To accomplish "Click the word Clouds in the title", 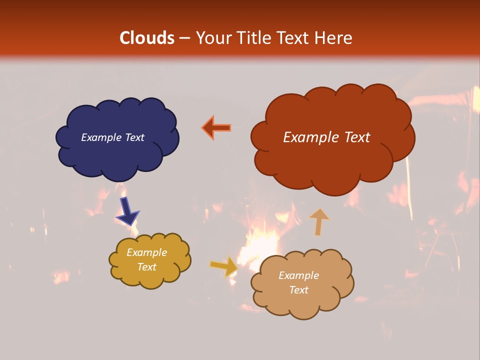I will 147,38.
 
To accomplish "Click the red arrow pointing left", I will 216,128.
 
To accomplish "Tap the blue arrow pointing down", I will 127,210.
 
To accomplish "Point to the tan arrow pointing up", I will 319,221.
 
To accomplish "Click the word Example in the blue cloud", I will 101,137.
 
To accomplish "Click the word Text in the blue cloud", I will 134,137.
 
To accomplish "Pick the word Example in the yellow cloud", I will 147,252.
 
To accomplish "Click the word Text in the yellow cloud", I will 147,267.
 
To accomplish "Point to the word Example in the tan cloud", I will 298,275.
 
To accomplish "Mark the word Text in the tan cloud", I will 298,290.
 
